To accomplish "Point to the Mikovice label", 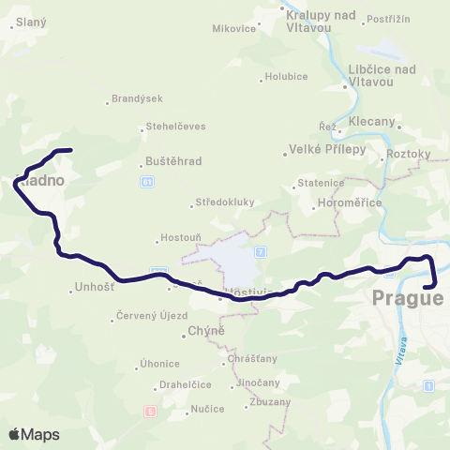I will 234,28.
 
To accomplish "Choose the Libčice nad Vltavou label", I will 382,75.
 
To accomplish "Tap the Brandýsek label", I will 136,97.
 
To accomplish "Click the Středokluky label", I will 222,202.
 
